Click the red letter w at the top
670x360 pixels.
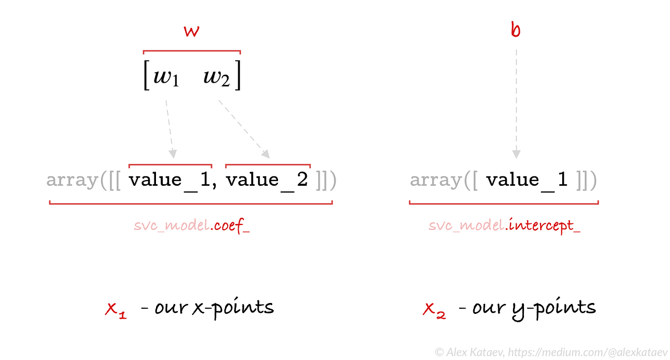[192, 31]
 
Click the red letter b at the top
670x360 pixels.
[516, 30]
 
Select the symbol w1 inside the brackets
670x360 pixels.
[166, 78]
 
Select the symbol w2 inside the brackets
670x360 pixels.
[217, 78]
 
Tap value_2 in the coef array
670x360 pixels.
[267, 180]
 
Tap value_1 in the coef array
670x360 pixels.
[170, 180]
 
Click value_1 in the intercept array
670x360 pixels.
[527, 180]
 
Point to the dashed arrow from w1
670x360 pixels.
[170, 128]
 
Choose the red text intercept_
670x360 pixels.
[544, 227]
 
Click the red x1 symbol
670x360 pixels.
[116, 310]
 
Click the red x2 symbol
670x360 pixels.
[434, 310]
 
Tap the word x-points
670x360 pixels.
[233, 308]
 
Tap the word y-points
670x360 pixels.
[554, 308]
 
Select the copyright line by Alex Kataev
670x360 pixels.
[551, 352]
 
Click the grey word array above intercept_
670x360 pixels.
[435, 180]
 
